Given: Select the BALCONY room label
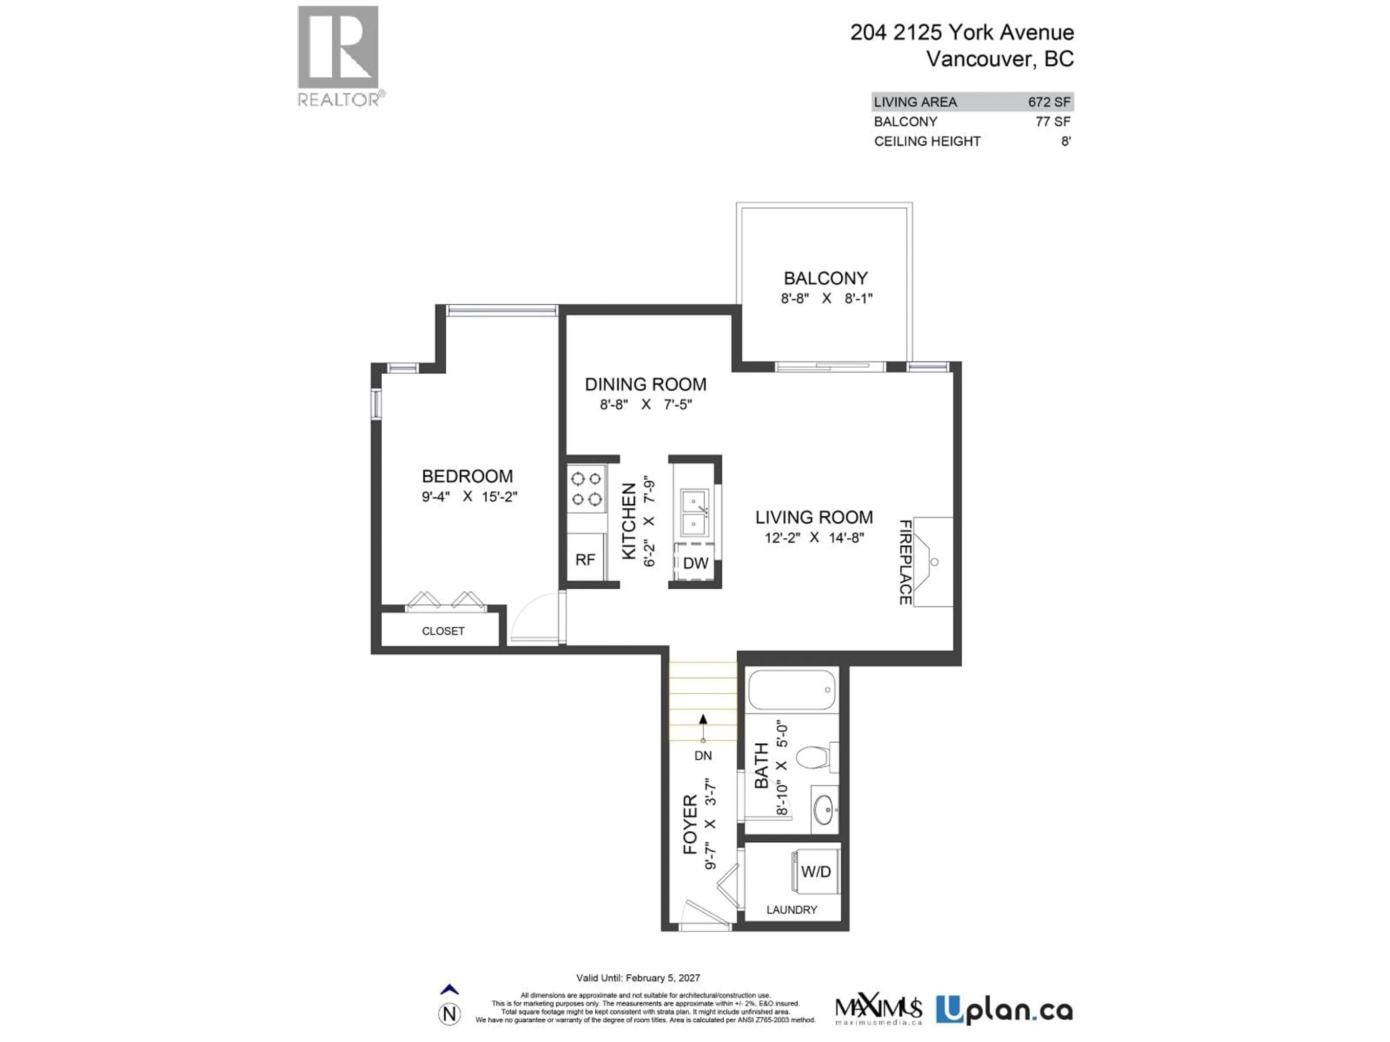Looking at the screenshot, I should coord(825,278).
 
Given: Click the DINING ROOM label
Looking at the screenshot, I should coord(645,384).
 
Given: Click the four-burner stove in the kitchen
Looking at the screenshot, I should coord(586,489).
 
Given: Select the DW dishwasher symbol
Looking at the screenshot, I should coord(695,563).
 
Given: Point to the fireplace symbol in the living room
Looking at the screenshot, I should coord(932,562).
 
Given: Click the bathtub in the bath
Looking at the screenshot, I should coord(792,690).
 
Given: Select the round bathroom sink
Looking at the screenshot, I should coord(823,810).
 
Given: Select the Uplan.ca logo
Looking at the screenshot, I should coord(1003,1010).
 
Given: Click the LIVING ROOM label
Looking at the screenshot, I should coord(814,517).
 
